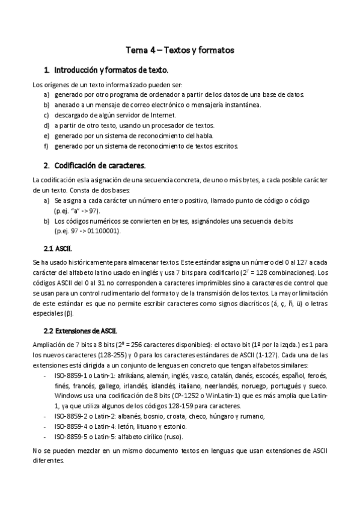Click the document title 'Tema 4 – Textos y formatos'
180,50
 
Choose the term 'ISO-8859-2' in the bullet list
71,416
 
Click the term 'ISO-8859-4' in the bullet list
71,426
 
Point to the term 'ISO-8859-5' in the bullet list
71,437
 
